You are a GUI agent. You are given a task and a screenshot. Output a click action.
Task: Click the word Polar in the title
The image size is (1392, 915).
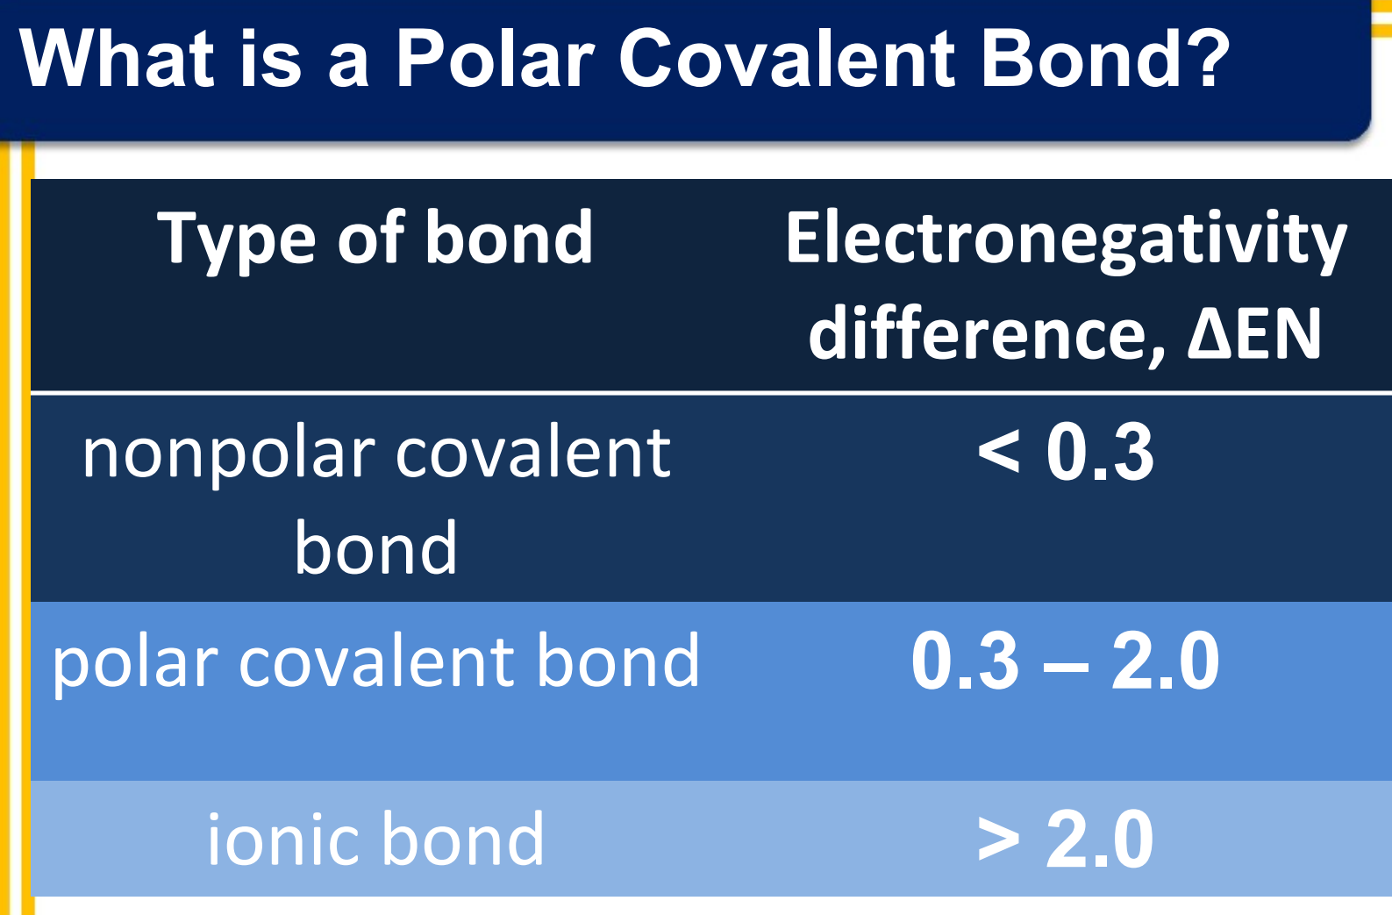(x=495, y=59)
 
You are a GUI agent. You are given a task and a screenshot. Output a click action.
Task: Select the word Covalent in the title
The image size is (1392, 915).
(x=787, y=59)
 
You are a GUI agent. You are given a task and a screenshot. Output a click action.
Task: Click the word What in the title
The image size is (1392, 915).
(x=117, y=59)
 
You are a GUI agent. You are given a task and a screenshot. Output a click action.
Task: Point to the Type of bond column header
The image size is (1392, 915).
(x=375, y=239)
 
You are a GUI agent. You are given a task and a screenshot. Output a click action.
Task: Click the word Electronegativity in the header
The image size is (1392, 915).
(x=1066, y=239)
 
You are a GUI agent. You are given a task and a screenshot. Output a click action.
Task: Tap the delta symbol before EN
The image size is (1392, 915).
(x=1208, y=333)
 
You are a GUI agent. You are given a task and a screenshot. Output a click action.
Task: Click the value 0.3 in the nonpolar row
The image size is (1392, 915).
(x=1100, y=452)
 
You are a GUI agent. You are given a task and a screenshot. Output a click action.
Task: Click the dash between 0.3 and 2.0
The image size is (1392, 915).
(x=1065, y=668)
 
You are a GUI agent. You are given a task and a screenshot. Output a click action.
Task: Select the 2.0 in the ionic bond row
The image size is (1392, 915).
(x=1100, y=839)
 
